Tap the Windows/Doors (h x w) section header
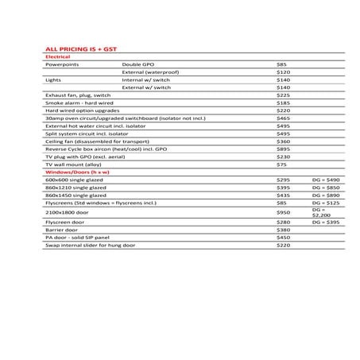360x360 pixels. [76, 172]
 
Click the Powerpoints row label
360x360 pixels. [62, 64]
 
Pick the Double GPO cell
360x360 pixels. [138, 64]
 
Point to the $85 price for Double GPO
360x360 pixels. [281, 64]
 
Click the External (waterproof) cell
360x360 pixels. [150, 72]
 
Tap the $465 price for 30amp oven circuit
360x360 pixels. [283, 118]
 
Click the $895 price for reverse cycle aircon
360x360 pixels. [283, 149]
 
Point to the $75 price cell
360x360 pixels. [281, 165]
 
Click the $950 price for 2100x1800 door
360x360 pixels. [283, 213]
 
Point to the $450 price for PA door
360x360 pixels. [283, 238]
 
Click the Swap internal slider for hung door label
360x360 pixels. [90, 246]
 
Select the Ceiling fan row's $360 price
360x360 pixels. [283, 141]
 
